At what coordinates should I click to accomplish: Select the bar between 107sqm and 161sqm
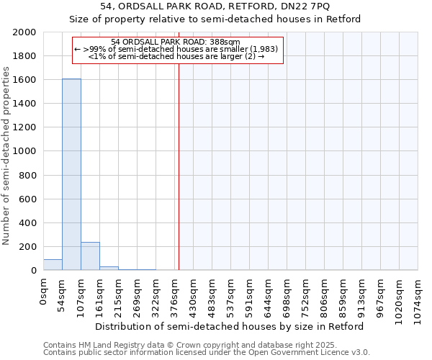click(x=90, y=256)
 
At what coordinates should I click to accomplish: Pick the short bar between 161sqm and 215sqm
click(x=109, y=268)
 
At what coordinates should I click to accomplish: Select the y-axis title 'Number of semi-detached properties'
click(x=6, y=156)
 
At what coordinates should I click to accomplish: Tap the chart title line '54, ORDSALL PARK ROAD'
click(x=215, y=6)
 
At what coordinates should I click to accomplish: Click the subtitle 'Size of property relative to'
click(x=215, y=19)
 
